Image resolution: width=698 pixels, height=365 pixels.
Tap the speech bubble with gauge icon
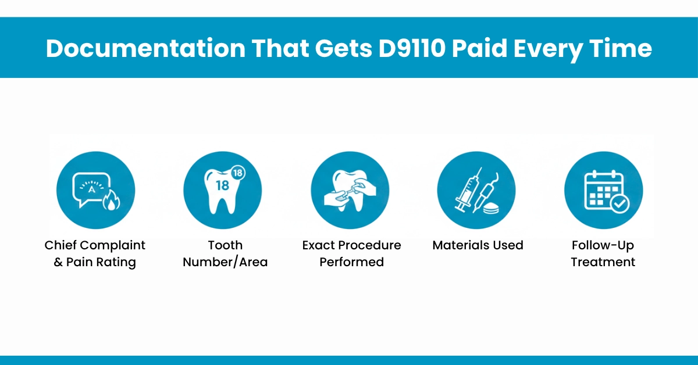[x=91, y=187]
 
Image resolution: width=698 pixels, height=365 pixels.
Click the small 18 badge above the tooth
[x=237, y=173]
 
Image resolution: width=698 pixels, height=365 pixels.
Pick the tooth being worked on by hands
[x=349, y=186]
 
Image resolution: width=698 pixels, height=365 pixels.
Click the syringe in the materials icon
[x=467, y=189]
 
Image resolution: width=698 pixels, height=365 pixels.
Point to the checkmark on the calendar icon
[x=618, y=203]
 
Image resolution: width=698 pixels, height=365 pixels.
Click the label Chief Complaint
[x=95, y=245]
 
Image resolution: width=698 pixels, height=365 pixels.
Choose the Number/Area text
[x=225, y=262]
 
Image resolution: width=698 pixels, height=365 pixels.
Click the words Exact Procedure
[x=351, y=245]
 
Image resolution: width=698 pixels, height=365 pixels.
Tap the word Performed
[x=351, y=262]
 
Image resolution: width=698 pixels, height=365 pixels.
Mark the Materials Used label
[x=478, y=245]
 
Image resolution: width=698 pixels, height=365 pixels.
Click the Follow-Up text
[x=603, y=245]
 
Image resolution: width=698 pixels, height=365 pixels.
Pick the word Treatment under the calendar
[x=603, y=262]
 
